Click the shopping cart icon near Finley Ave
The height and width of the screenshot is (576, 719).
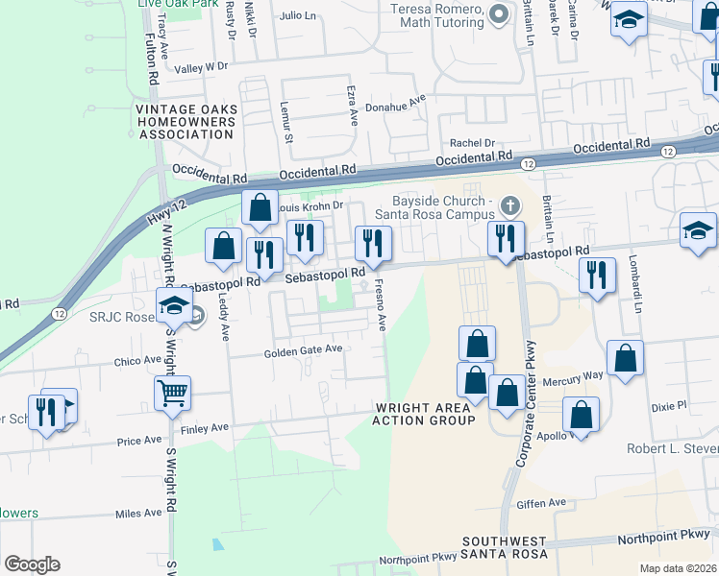(x=172, y=391)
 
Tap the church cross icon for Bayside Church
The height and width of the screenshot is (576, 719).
(x=509, y=204)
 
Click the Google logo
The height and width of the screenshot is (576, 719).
(x=32, y=564)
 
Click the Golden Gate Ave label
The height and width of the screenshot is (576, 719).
(x=304, y=352)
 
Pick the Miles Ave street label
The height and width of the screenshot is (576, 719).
(x=138, y=515)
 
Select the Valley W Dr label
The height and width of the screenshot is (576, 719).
(x=201, y=67)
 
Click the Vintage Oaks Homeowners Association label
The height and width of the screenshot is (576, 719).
(x=185, y=122)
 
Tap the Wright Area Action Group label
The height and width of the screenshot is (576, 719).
(x=424, y=415)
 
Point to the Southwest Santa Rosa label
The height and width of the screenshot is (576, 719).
(x=503, y=548)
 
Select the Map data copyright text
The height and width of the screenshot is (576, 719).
(x=677, y=568)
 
